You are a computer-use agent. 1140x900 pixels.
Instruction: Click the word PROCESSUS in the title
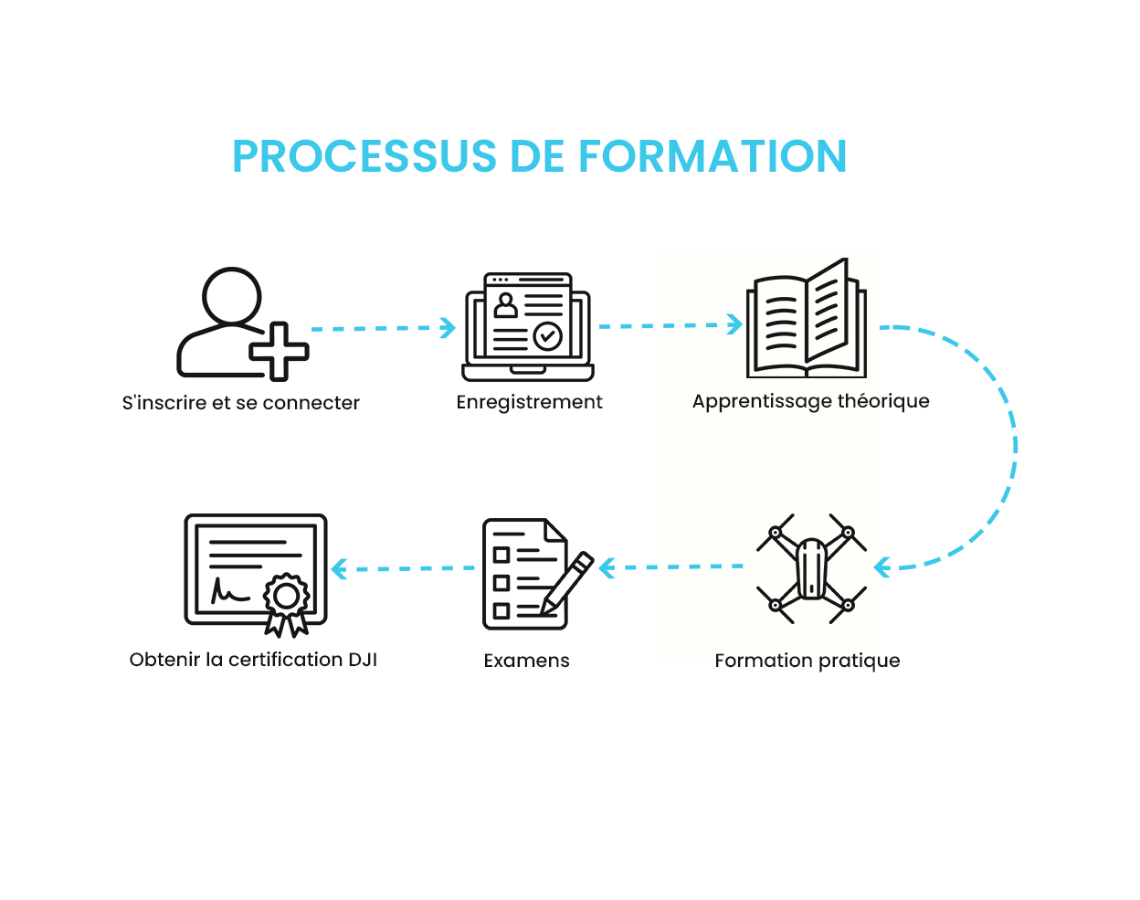tap(364, 156)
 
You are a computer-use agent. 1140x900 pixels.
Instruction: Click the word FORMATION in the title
tap(712, 156)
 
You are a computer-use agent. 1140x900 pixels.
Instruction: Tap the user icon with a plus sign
tap(243, 323)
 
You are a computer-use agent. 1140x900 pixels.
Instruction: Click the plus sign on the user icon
tap(280, 352)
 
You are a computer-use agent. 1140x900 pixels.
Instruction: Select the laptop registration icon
tap(528, 326)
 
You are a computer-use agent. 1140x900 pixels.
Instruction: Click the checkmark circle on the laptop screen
tap(547, 336)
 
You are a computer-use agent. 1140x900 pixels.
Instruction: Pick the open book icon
tap(807, 318)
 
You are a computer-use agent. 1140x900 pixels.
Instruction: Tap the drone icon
tap(811, 568)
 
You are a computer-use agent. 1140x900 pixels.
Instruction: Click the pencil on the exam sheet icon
tap(566, 584)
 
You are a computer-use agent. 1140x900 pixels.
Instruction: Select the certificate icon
tap(256, 575)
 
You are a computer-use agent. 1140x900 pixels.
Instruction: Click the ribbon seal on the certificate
tap(287, 604)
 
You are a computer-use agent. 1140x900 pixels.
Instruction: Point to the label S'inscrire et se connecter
tap(241, 403)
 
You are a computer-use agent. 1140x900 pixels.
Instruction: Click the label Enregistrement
tap(529, 402)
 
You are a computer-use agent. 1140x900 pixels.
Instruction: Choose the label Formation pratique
tap(807, 661)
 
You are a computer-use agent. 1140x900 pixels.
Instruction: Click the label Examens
tap(526, 661)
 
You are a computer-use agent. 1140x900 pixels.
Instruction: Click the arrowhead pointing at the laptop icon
tap(449, 327)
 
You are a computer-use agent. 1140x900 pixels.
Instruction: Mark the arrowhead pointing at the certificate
tap(339, 568)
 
